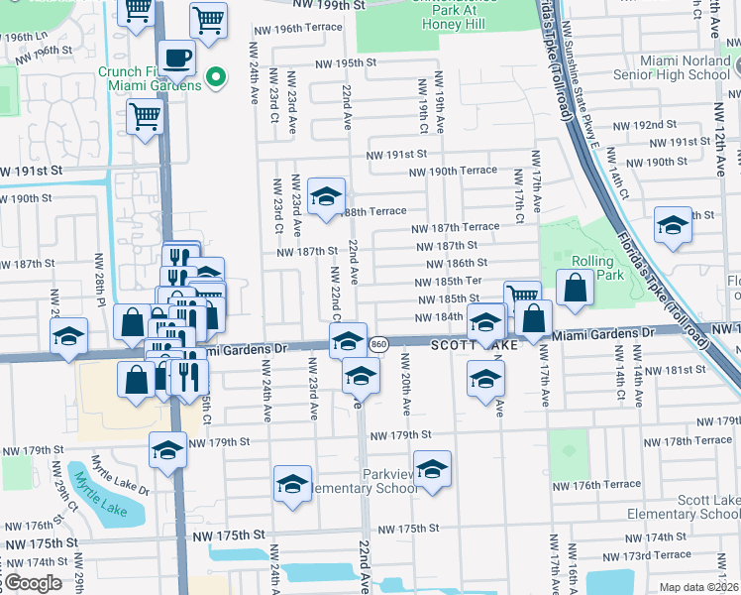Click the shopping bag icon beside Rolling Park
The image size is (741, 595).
[575, 288]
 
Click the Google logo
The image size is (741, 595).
[32, 583]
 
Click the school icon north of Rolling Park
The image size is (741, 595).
[673, 225]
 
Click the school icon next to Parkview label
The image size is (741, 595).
[432, 470]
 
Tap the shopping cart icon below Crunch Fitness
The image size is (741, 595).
[146, 117]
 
